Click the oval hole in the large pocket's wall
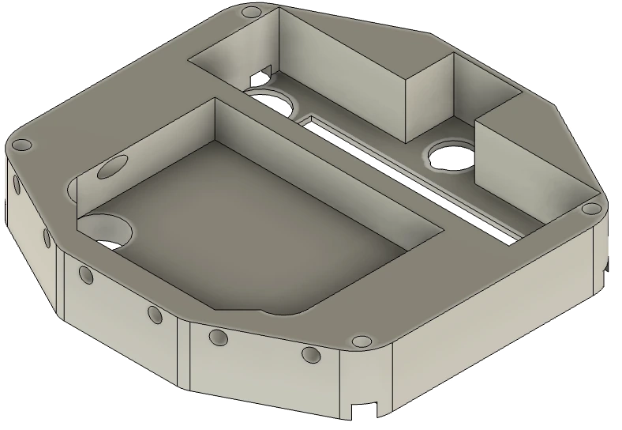coord(114,167)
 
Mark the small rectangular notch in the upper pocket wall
coord(260,75)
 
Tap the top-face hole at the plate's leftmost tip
coord(23,145)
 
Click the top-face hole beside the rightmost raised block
coord(589,209)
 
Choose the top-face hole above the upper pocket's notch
coord(252,13)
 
